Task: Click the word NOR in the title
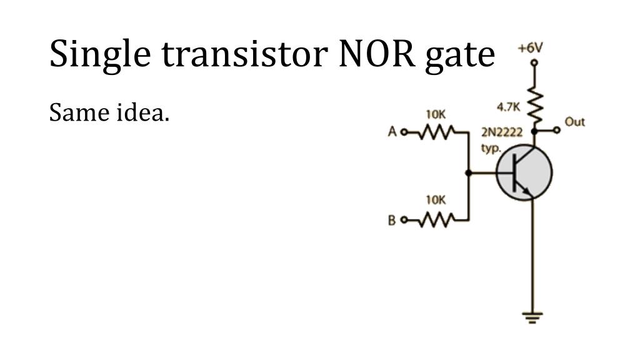click(x=377, y=54)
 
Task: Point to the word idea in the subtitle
click(x=143, y=112)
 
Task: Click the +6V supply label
click(x=530, y=48)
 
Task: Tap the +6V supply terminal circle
click(x=534, y=63)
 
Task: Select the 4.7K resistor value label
click(x=509, y=107)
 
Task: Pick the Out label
click(x=575, y=122)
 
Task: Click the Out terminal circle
click(x=557, y=130)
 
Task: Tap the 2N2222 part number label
click(x=502, y=132)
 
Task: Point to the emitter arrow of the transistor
click(x=527, y=191)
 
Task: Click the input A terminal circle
click(x=404, y=132)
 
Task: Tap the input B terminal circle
click(x=404, y=221)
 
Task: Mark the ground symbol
click(x=532, y=317)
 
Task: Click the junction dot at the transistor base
click(x=469, y=173)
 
